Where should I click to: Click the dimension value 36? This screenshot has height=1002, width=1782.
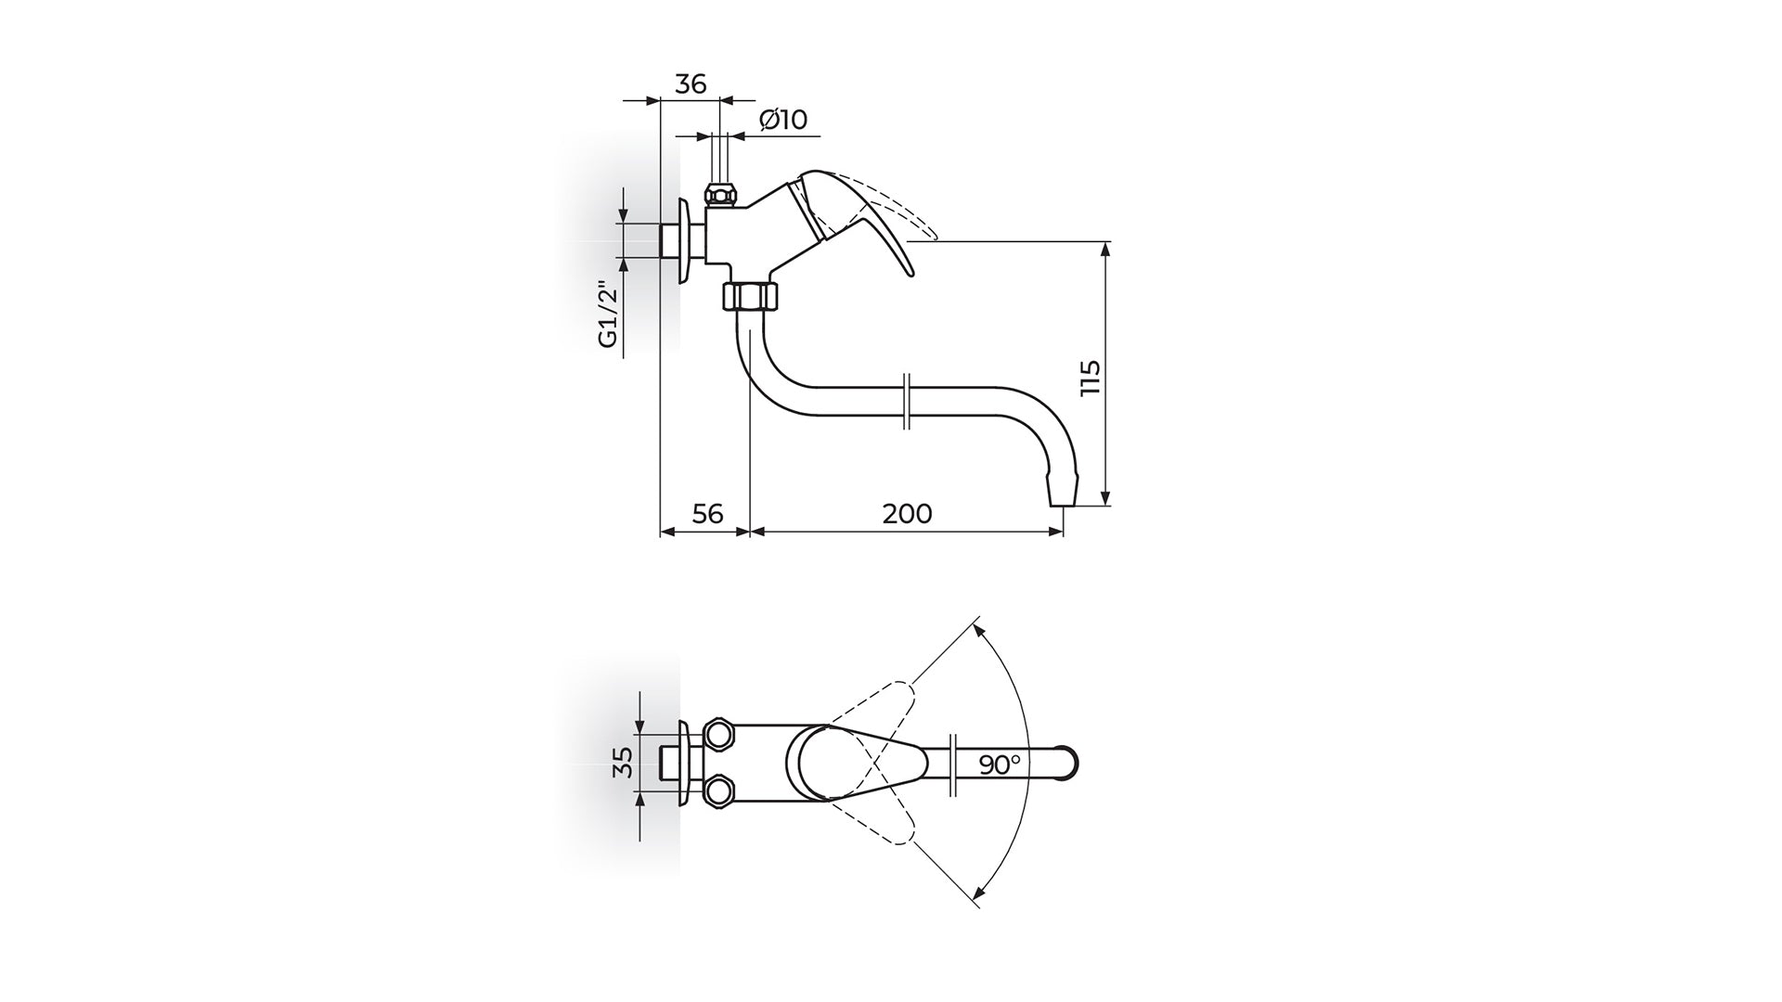(690, 83)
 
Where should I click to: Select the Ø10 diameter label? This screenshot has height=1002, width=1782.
(783, 120)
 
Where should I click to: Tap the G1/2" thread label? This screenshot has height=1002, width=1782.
(608, 313)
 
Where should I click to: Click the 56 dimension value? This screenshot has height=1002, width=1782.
(707, 513)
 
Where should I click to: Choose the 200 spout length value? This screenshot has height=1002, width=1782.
(907, 513)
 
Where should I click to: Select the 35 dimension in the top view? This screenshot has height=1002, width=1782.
(624, 762)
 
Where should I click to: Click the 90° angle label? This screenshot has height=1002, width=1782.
(1000, 764)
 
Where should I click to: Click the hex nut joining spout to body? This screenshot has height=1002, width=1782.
(751, 297)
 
